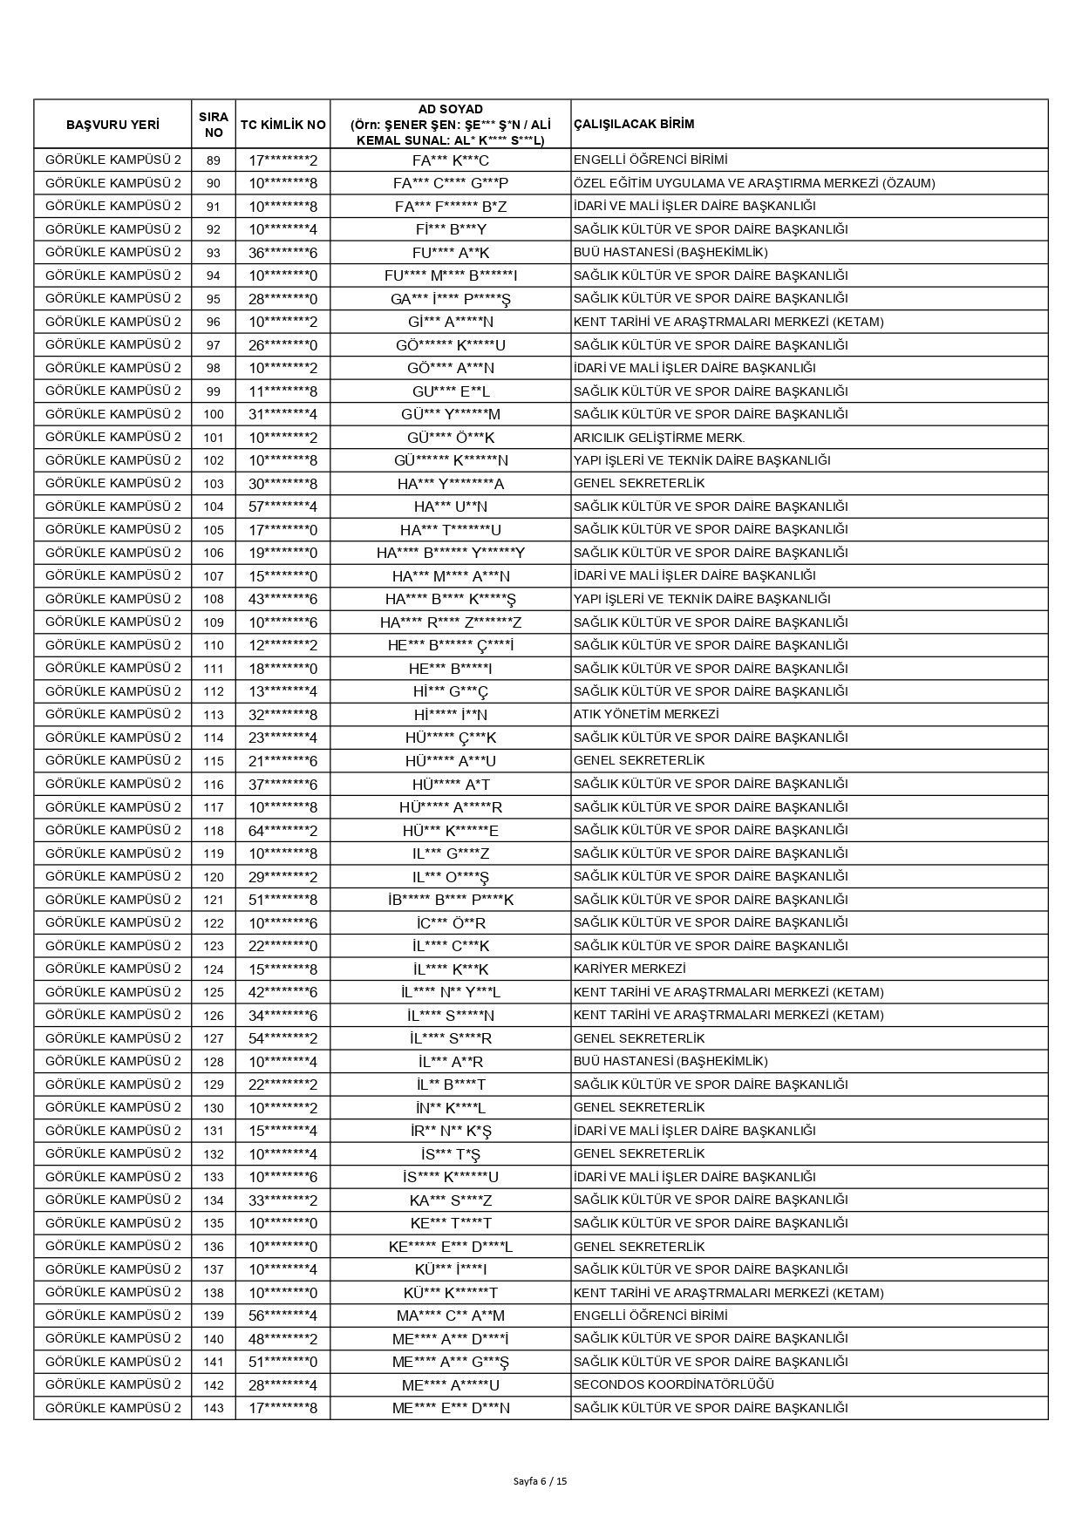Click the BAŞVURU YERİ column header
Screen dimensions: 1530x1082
click(x=112, y=125)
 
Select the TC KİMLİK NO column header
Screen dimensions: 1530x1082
click(x=282, y=125)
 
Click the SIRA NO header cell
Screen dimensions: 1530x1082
click(x=214, y=125)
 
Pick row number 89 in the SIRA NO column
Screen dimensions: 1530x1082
click(x=214, y=160)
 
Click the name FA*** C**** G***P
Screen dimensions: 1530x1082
click(x=450, y=183)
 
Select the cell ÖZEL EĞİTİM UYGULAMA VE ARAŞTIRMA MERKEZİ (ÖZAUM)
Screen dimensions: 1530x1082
click(x=754, y=183)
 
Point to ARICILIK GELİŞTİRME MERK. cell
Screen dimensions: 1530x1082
click(x=659, y=438)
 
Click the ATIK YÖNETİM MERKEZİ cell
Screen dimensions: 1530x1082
click(x=646, y=714)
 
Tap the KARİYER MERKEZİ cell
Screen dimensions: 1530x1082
click(x=629, y=969)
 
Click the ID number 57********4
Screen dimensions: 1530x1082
click(x=282, y=507)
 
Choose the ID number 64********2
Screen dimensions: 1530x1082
click(x=282, y=830)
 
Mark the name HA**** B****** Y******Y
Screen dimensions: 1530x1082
click(x=450, y=553)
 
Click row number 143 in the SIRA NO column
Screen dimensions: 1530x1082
click(x=214, y=1408)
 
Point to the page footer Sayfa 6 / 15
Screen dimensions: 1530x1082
click(x=541, y=1480)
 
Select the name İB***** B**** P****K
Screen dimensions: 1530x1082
click(x=450, y=900)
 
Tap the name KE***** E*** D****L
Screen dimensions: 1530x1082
click(x=450, y=1247)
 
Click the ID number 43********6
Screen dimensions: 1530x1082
click(x=282, y=599)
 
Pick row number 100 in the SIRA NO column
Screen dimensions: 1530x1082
click(x=214, y=414)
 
